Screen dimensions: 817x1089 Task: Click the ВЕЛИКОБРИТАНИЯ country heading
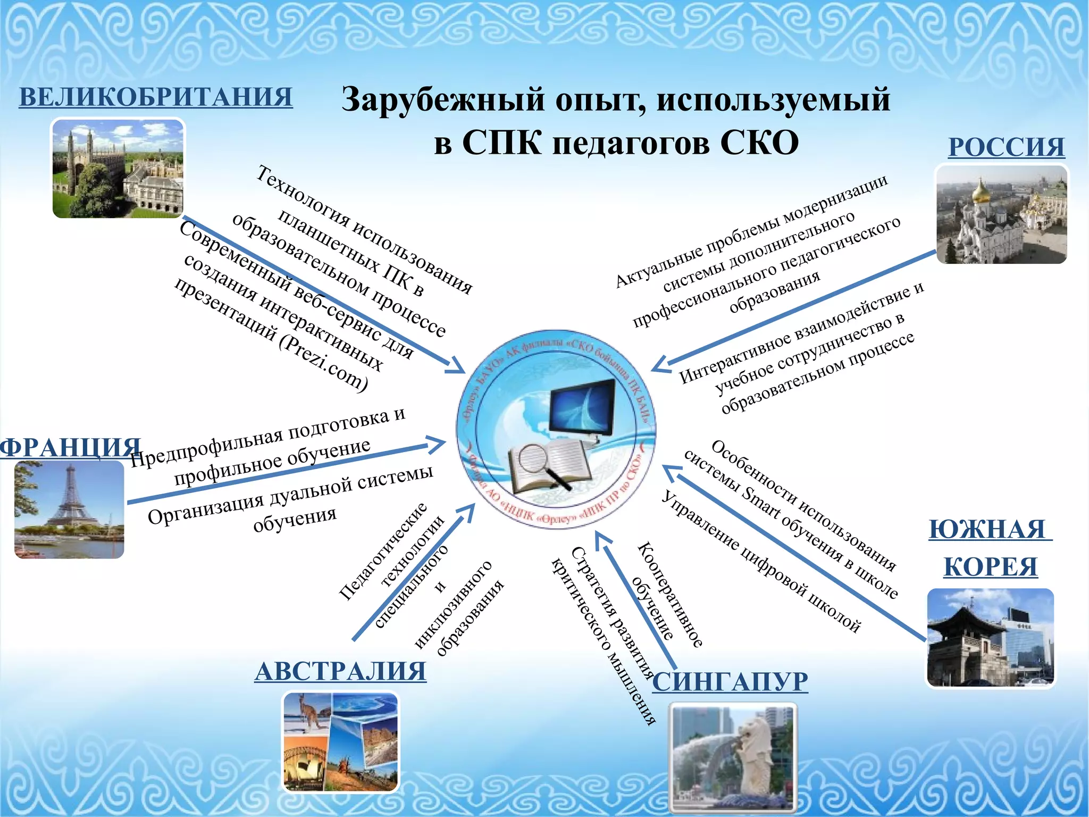[x=155, y=97]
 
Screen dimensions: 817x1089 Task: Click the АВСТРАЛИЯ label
[x=340, y=671]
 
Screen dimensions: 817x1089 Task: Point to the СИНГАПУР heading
[x=730, y=681]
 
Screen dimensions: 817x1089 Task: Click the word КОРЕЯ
[x=990, y=567]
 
